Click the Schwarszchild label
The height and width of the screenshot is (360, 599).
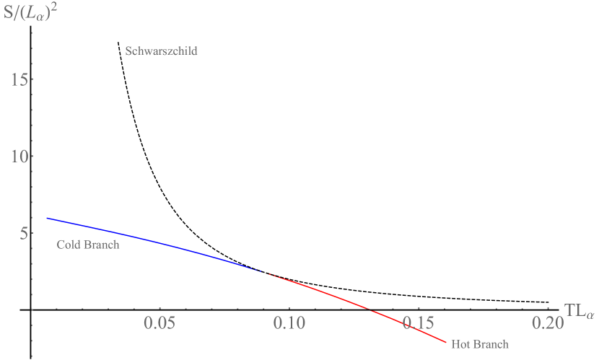162,51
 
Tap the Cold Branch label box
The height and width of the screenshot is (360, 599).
88,245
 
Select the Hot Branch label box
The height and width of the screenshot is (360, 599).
480,344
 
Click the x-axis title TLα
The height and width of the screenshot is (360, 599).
580,311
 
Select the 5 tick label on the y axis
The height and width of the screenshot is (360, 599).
23,233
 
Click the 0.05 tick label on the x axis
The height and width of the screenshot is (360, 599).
160,322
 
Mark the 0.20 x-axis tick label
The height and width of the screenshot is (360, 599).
546,322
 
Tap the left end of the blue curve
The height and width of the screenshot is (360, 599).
47,218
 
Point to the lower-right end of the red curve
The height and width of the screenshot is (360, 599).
446,342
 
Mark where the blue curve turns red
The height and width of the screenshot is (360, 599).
266,273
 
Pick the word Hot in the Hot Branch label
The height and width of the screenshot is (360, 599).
461,344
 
